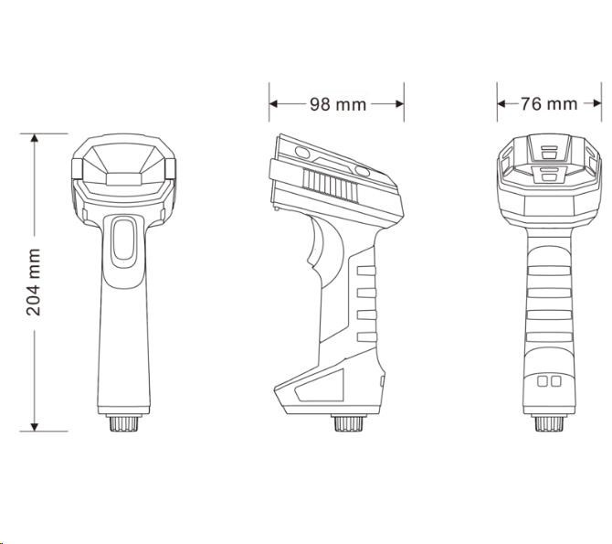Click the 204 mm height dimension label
[x=34, y=283]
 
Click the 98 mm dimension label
[x=338, y=104]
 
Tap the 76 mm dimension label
[x=549, y=104]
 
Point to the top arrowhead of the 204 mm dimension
[x=35, y=137]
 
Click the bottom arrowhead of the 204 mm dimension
[x=35, y=427]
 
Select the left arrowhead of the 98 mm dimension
[x=273, y=104]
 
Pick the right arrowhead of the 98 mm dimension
[x=399, y=104]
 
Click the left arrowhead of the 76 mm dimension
[x=502, y=103]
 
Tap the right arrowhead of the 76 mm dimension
[x=596, y=103]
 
